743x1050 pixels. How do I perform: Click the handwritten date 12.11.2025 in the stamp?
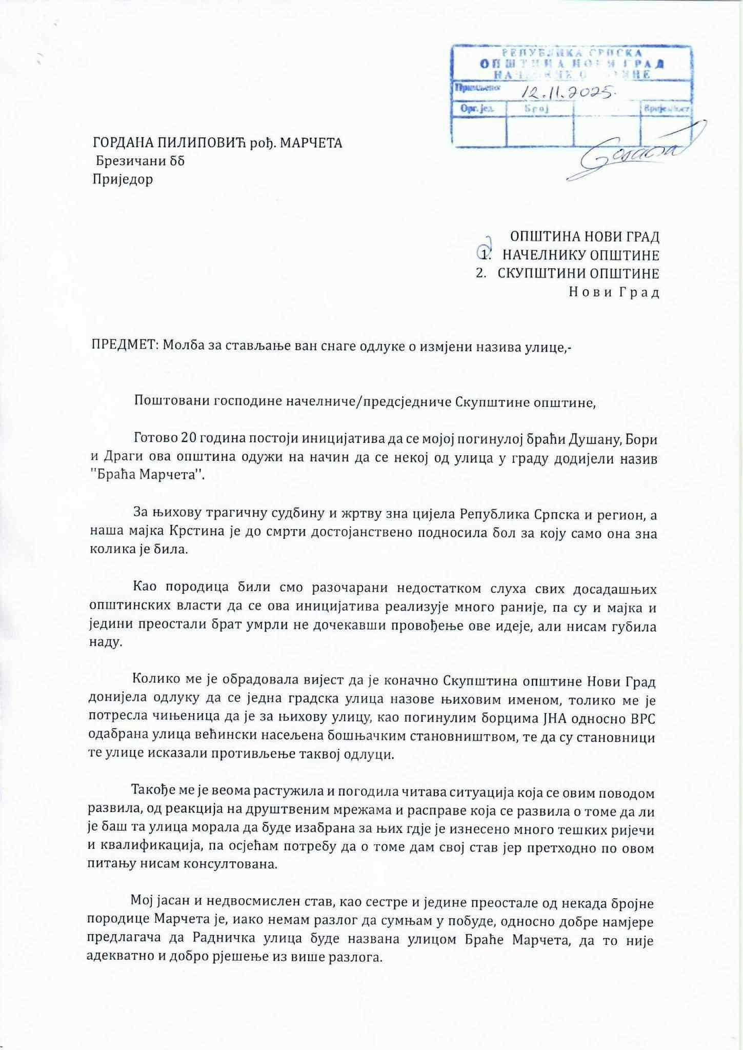coord(568,93)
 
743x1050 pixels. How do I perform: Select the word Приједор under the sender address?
coord(123,179)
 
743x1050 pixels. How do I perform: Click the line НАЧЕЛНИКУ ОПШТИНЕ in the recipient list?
coord(580,255)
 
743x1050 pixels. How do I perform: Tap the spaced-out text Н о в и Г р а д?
coord(614,292)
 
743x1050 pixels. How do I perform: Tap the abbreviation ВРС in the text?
coord(641,719)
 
